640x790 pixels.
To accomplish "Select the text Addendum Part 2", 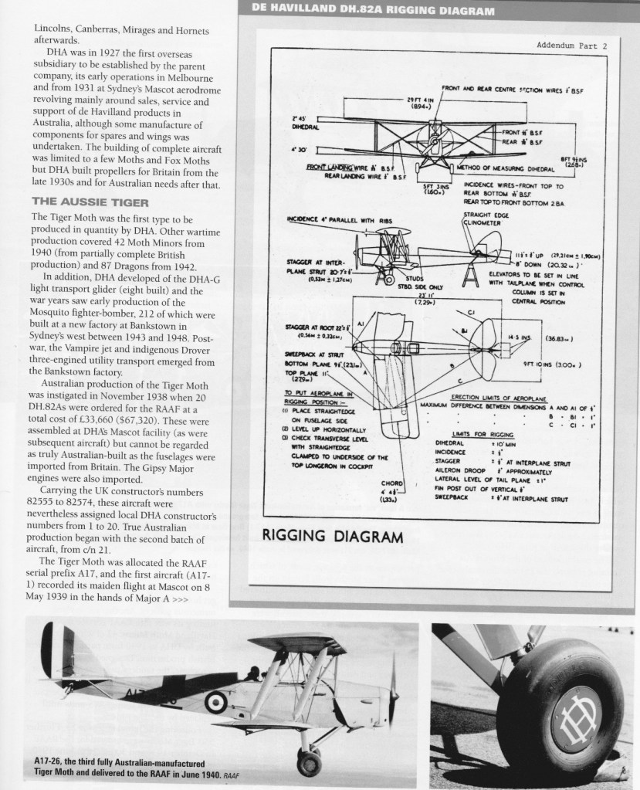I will tap(571, 46).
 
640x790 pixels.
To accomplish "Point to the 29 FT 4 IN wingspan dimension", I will tap(419, 103).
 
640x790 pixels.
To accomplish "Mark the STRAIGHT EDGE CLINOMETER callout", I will tap(483, 218).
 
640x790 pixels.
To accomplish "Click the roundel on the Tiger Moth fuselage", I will tap(216, 701).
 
